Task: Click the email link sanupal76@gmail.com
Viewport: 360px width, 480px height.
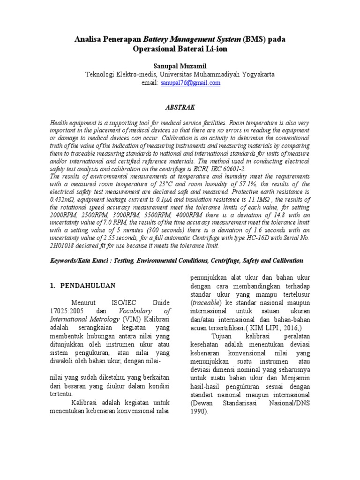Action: click(x=183, y=83)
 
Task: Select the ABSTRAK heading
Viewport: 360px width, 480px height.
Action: click(x=180, y=107)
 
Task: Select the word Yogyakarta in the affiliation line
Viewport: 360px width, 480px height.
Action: click(x=256, y=74)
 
